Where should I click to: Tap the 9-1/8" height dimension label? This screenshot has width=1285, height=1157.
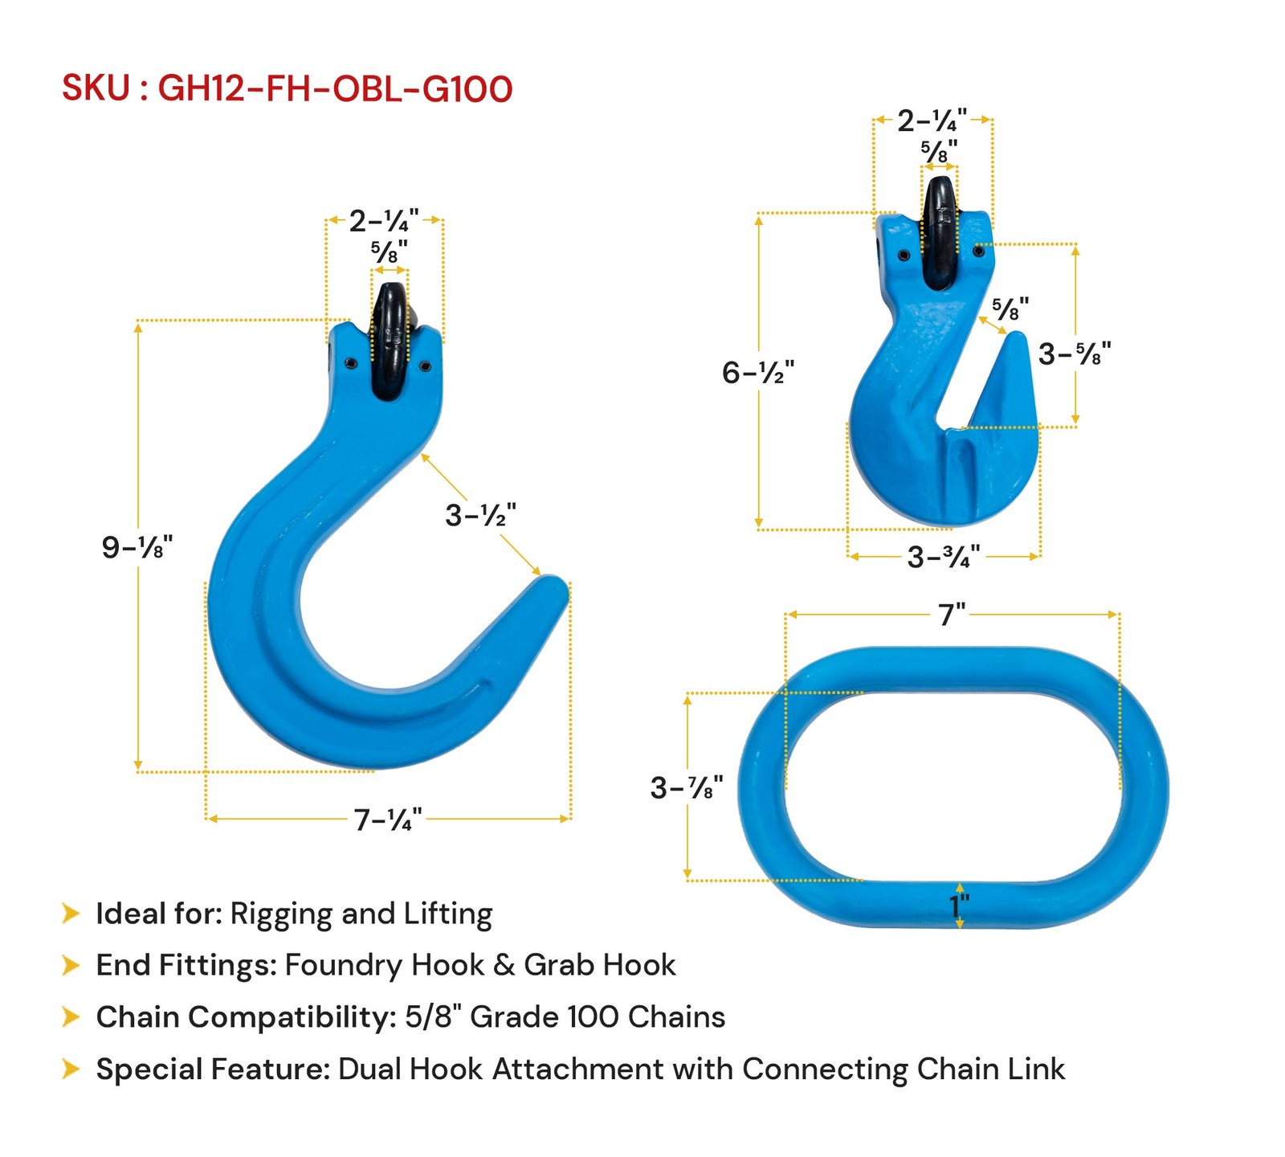[137, 547]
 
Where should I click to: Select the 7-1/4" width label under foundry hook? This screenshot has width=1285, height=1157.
[388, 820]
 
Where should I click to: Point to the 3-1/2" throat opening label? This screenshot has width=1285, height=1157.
[480, 515]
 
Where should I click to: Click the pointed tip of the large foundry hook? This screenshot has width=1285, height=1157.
[554, 585]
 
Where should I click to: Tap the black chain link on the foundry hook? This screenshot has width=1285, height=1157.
[391, 341]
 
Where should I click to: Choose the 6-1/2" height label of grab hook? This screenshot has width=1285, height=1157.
[757, 373]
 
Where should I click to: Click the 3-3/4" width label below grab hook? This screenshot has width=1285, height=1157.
[943, 557]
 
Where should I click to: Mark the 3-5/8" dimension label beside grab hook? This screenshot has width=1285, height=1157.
[1074, 354]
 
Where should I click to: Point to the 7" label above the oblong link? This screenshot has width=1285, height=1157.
[952, 615]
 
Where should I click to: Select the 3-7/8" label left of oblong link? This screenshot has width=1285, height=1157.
[687, 788]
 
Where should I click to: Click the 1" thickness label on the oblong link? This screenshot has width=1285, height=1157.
[960, 906]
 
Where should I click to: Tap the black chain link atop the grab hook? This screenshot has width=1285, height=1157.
[939, 233]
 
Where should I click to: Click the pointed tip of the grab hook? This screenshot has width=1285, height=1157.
[1017, 338]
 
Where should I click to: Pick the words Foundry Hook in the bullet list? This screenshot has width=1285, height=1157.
[384, 965]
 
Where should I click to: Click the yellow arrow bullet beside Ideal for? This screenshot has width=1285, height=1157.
[71, 914]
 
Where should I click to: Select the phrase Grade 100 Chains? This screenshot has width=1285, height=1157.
[597, 1017]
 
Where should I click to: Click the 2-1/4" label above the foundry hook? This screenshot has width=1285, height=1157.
[383, 221]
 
